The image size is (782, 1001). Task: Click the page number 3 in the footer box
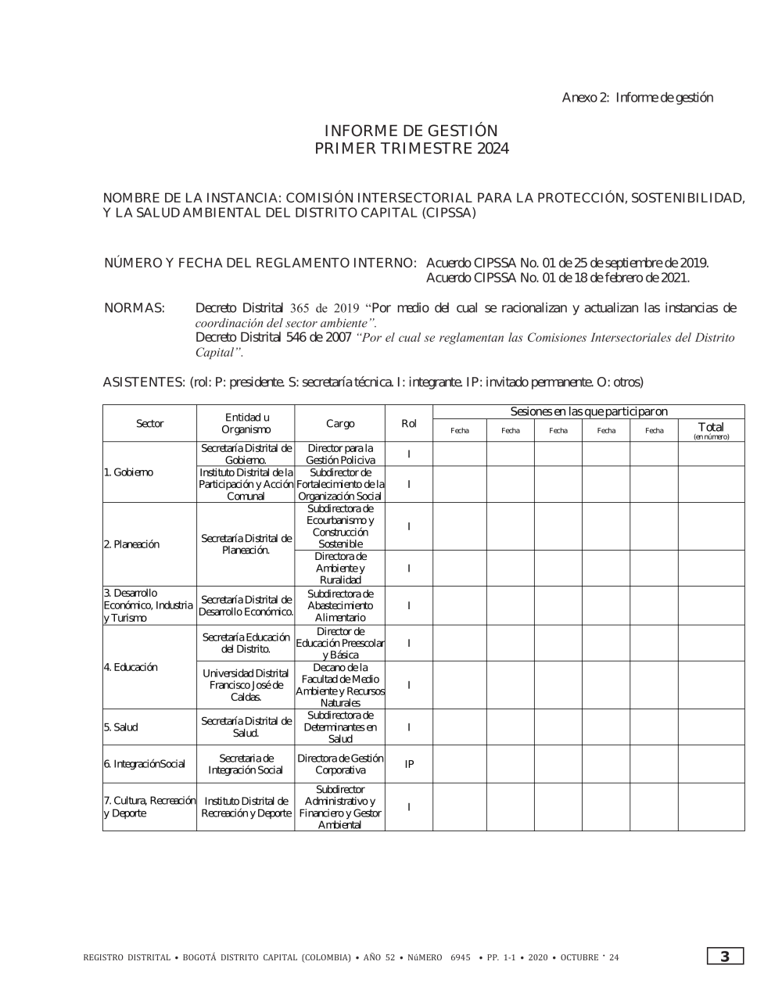pyautogui.click(x=725, y=956)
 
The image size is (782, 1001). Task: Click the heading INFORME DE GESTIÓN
pyautogui.click(x=411, y=131)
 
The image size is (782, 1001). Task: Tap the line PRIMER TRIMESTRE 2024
pyautogui.click(x=411, y=149)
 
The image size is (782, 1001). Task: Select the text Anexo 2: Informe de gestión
pyautogui.click(x=637, y=98)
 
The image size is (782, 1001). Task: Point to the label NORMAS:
pyautogui.click(x=135, y=308)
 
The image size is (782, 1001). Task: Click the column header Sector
pyautogui.click(x=149, y=424)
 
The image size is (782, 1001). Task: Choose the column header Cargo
pyautogui.click(x=340, y=424)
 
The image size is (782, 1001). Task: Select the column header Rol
pyautogui.click(x=408, y=424)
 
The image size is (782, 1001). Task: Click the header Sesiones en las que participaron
pyautogui.click(x=588, y=411)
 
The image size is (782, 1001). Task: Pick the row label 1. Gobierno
pyautogui.click(x=128, y=472)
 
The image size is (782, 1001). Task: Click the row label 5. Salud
pyautogui.click(x=120, y=727)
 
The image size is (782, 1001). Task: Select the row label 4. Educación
pyautogui.click(x=131, y=667)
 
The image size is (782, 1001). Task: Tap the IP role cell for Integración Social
pyautogui.click(x=409, y=764)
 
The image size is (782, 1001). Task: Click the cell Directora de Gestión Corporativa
pyautogui.click(x=340, y=764)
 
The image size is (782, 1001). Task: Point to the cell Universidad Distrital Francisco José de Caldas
pyautogui.click(x=246, y=685)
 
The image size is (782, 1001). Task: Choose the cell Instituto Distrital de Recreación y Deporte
pyautogui.click(x=246, y=807)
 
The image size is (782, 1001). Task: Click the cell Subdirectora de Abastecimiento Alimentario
pyautogui.click(x=340, y=606)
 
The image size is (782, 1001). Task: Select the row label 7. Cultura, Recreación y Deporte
pyautogui.click(x=149, y=807)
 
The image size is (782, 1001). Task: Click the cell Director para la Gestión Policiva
pyautogui.click(x=340, y=454)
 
